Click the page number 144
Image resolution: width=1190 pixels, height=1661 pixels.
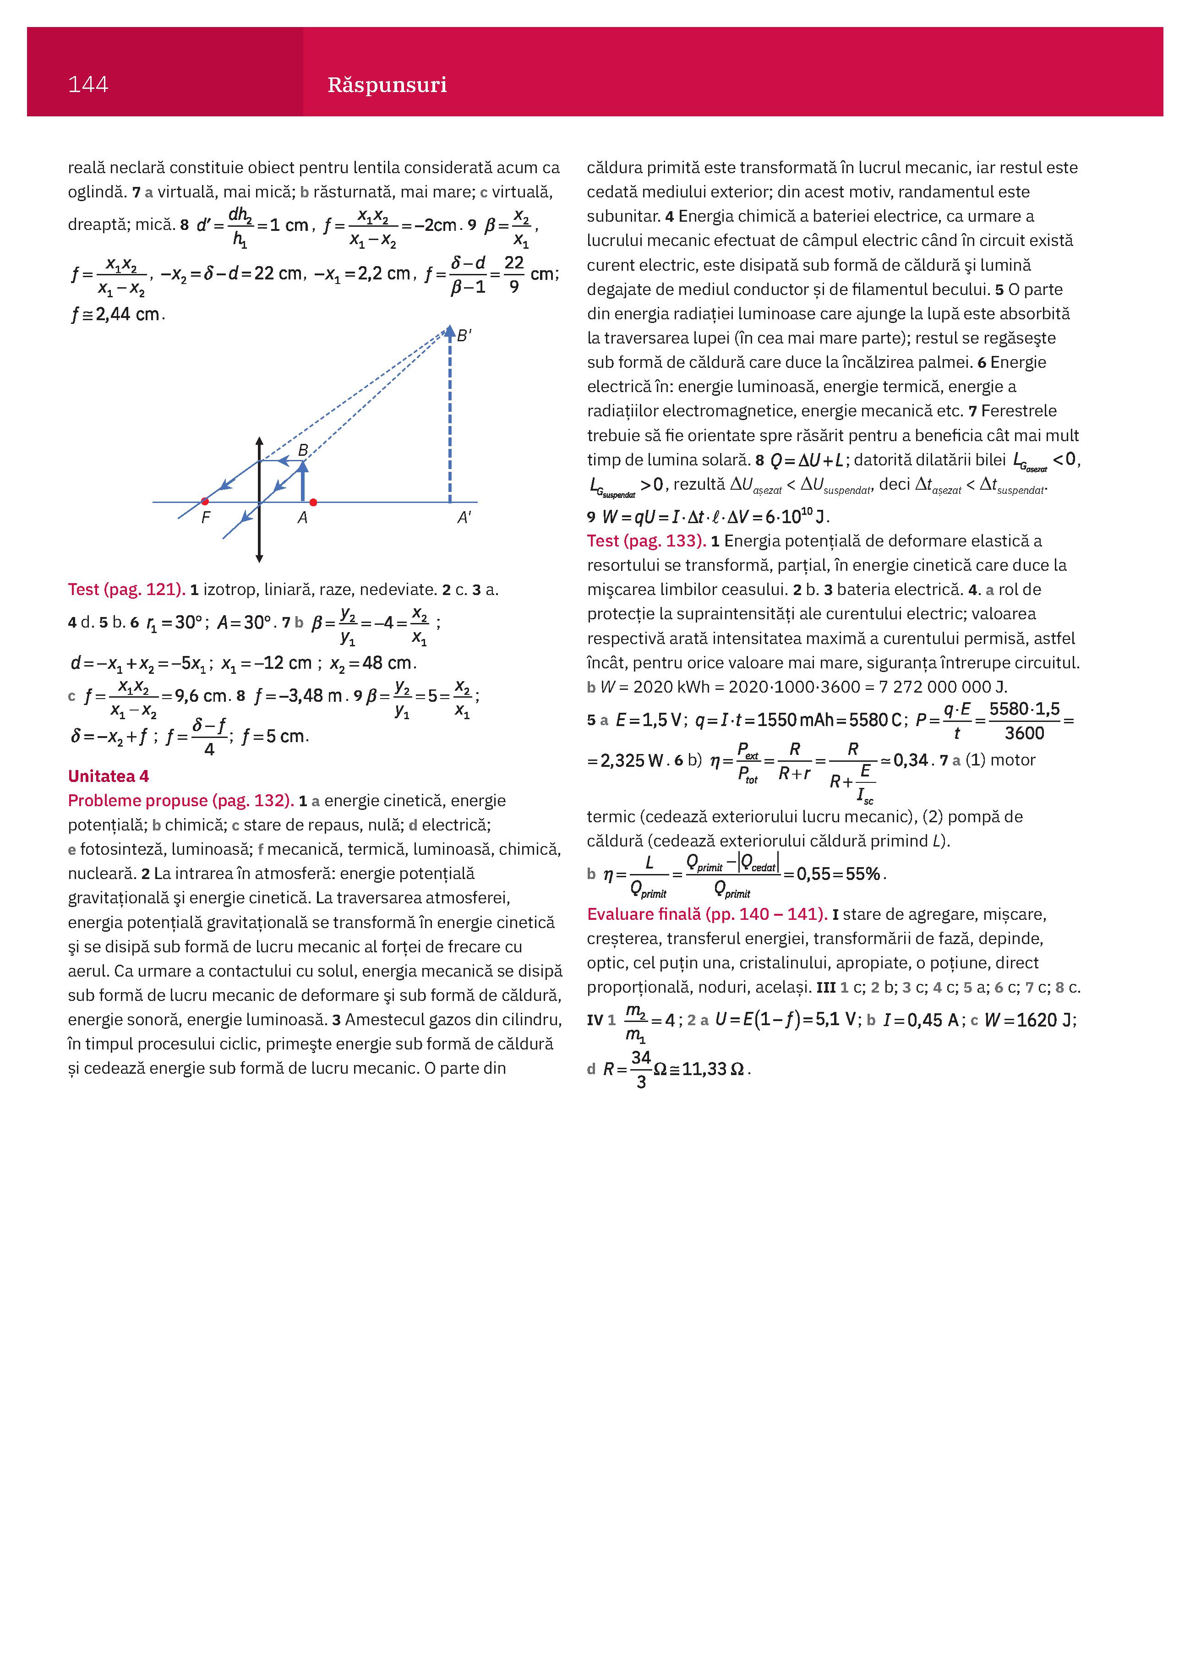point(88,85)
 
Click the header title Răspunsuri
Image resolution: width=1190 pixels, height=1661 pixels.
point(387,85)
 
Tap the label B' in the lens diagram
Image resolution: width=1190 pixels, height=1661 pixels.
point(464,336)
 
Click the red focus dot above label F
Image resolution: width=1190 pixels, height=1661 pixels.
point(205,502)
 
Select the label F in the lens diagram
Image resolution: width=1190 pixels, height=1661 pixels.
point(206,518)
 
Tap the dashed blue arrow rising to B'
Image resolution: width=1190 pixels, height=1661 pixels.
point(450,417)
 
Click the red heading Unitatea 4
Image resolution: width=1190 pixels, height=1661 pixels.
point(109,776)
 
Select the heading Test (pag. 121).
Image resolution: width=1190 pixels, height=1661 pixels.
point(126,590)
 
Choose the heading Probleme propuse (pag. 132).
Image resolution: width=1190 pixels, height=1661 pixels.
point(180,800)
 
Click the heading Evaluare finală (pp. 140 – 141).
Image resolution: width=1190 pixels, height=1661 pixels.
point(707,914)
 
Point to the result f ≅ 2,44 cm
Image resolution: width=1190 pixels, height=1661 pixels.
point(117,315)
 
